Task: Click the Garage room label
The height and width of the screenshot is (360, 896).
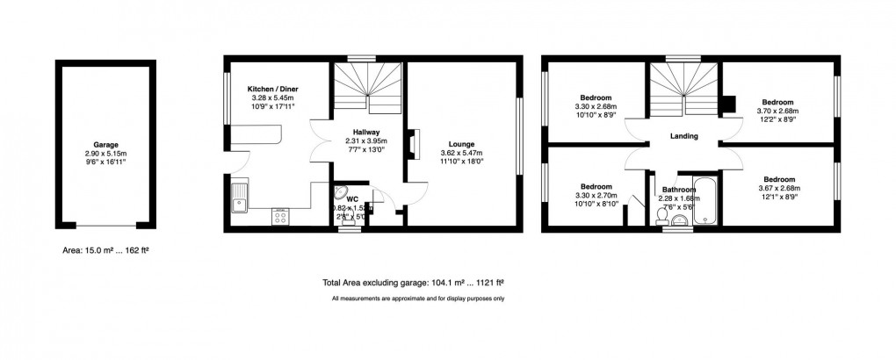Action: click(106, 145)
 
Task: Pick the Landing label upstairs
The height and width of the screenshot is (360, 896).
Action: click(683, 136)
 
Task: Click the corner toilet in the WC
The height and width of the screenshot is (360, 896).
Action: click(345, 196)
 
